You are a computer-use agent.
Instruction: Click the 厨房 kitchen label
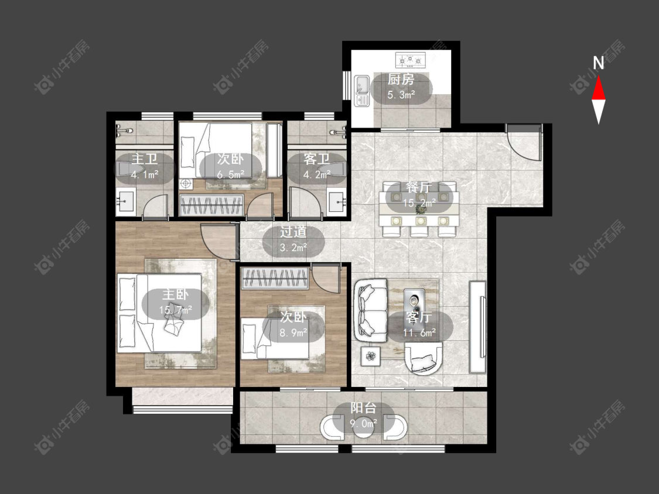(401, 79)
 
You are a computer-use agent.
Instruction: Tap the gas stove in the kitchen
(410, 60)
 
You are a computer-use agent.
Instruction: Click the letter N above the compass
(599, 63)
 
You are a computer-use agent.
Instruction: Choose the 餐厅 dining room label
(419, 187)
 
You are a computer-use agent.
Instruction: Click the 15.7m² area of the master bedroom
(176, 310)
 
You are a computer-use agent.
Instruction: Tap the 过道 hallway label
(293, 232)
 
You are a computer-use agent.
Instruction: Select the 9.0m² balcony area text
(364, 423)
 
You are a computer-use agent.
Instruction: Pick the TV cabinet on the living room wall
(477, 327)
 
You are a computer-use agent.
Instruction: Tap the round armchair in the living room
(423, 358)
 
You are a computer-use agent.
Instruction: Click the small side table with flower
(370, 356)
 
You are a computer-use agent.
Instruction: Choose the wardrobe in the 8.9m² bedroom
(275, 278)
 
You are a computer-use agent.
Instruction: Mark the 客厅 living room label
(419, 317)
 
